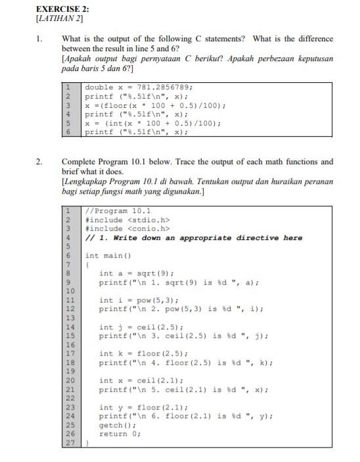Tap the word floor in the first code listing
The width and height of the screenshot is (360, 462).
[116, 105]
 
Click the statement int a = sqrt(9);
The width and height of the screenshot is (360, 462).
[136, 273]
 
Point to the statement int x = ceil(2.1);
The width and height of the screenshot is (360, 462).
[141, 381]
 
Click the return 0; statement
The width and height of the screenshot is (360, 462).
[120, 434]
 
